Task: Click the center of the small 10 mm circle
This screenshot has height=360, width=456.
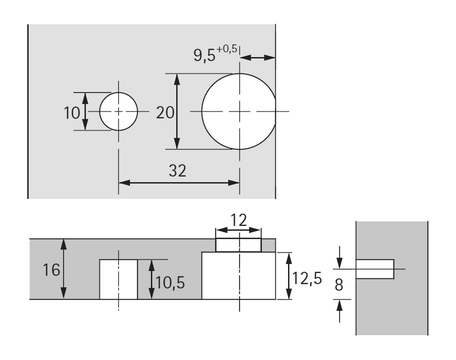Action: click(118, 112)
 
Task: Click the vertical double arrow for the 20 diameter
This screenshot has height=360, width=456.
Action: click(177, 111)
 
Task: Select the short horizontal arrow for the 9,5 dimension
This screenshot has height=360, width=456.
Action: click(257, 58)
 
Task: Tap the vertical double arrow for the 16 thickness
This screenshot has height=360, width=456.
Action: click(63, 269)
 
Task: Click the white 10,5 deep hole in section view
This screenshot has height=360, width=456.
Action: click(118, 279)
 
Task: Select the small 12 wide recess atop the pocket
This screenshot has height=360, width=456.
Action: click(238, 245)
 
